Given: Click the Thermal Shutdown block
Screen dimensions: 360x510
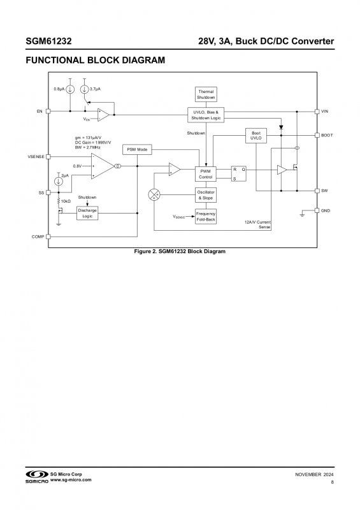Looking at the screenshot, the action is point(206,94).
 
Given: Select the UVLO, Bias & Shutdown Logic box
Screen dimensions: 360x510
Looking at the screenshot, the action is point(206,115).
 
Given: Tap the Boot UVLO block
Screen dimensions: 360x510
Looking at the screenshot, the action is point(256,136).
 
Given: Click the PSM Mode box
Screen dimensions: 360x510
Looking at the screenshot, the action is point(137,150).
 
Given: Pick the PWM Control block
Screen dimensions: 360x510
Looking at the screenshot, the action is point(206,174).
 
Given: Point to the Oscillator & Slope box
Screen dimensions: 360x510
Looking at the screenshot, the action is point(206,195).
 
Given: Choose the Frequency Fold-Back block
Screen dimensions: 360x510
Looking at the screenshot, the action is point(206,216).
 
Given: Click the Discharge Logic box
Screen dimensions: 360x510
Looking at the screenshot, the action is point(87,213).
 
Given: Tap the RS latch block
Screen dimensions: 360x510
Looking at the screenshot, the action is point(239,173).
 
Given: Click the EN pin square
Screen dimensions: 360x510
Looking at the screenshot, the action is point(48,111).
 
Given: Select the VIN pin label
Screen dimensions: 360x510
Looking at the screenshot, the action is point(325,111).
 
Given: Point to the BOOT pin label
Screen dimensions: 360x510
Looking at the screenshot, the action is point(327,135).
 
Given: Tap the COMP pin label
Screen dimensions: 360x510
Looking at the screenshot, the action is point(38,237).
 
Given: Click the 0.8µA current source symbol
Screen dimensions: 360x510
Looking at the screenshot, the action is point(70,89).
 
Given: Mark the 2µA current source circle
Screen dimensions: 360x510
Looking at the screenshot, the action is point(59,181).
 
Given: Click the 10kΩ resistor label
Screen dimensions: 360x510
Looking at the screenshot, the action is point(66,201).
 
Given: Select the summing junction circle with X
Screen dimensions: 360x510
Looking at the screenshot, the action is point(154,195).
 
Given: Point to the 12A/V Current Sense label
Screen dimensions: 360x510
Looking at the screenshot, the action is point(257,224).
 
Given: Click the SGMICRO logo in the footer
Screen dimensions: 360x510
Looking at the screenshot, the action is point(37,476).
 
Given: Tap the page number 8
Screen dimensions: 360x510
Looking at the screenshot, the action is point(332,482).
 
